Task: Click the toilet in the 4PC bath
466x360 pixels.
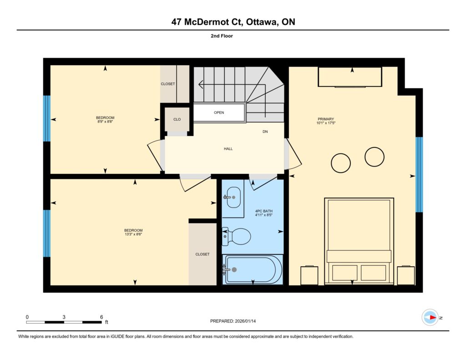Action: (237, 237)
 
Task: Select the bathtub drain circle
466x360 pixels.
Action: (234, 269)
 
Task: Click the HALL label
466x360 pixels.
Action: (228, 149)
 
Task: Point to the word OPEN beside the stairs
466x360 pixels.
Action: (219, 112)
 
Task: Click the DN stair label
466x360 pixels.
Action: (265, 132)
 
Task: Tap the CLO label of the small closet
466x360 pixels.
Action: (177, 119)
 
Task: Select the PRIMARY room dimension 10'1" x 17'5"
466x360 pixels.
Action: (326, 123)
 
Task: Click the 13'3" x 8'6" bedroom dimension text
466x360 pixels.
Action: (133, 234)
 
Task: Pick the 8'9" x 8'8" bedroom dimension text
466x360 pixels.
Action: (105, 122)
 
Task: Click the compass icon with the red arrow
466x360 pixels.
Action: (430, 318)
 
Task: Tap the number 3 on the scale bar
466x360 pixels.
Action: (64, 317)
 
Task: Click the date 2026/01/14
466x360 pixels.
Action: (245, 321)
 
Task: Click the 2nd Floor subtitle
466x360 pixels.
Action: (222, 36)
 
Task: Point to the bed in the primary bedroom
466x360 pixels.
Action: (359, 241)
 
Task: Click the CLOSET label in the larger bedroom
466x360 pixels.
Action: (203, 254)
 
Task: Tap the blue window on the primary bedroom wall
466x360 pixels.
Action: (419, 174)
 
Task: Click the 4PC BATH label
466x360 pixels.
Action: (264, 211)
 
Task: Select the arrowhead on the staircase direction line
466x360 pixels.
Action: (201, 85)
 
